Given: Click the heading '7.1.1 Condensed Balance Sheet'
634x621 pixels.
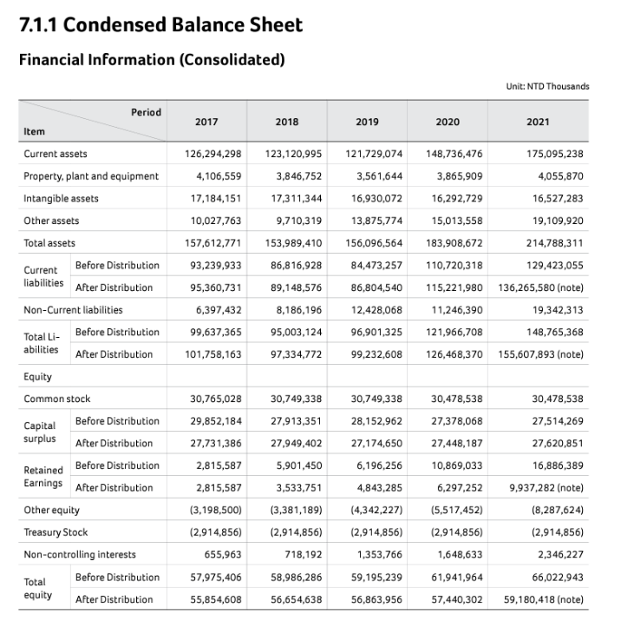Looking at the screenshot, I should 160,25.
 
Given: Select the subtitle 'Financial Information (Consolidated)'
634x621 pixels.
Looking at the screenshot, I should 151,60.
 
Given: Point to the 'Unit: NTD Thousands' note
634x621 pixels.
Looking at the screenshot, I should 546,86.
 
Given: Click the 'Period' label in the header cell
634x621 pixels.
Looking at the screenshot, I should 146,112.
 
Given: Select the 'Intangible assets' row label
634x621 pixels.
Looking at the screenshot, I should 61,198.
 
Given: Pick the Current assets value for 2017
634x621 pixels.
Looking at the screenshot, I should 213,154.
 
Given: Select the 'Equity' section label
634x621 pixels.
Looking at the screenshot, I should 37,376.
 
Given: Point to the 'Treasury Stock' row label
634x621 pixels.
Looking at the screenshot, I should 56,532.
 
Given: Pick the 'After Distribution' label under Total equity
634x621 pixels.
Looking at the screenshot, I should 114,599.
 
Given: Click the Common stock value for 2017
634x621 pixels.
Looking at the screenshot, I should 216,399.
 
